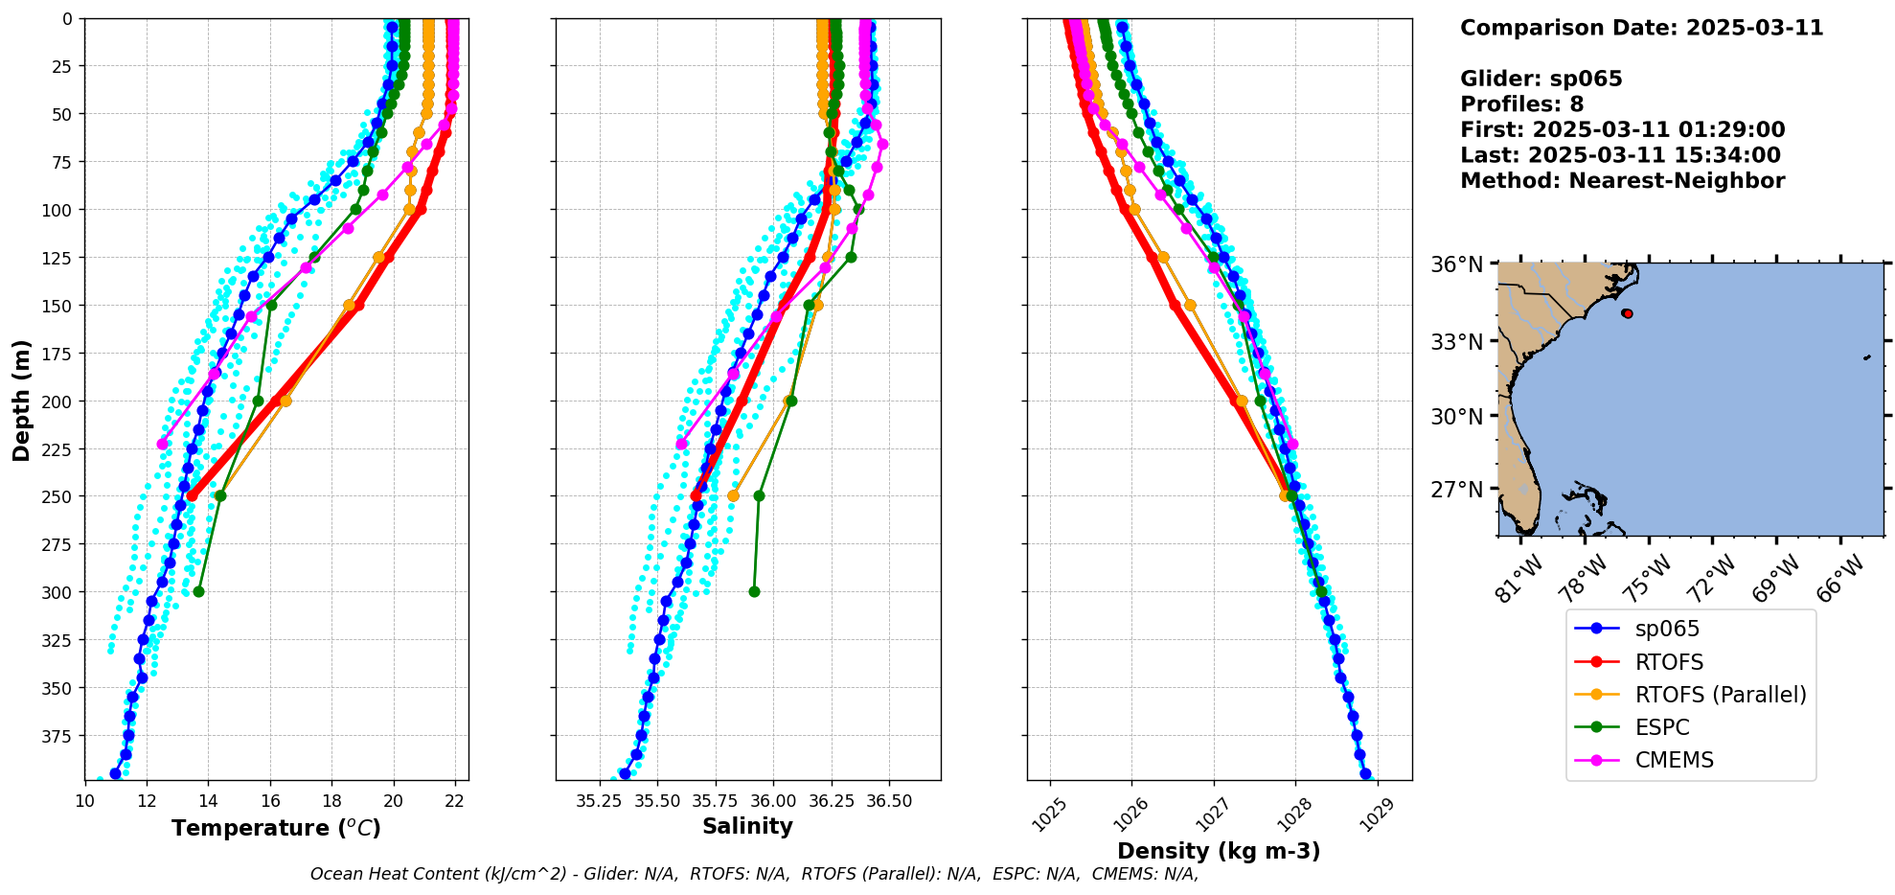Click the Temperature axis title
tap(276, 828)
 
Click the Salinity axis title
tap(747, 826)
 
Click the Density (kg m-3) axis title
tap(1219, 851)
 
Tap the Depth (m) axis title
tap(21, 400)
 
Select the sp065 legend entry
tap(1667, 630)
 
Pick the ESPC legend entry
tap(1662, 727)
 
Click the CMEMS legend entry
tap(1674, 760)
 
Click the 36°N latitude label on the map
tap(1456, 264)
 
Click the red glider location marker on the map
tap(1627, 313)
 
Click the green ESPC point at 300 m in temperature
tap(198, 591)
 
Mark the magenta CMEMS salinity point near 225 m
tap(681, 444)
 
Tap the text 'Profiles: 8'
tap(1521, 104)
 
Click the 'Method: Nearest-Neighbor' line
tap(1622, 181)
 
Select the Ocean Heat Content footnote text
tap(754, 874)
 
